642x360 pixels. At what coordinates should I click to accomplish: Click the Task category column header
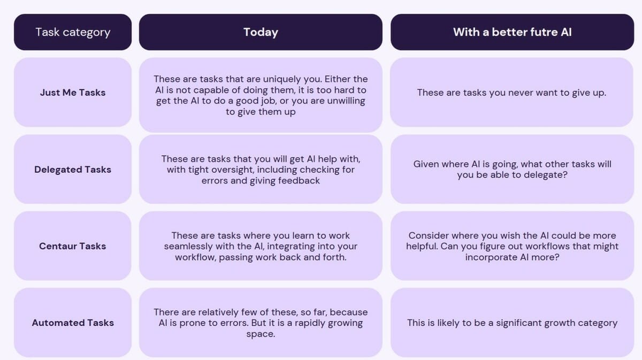(x=73, y=32)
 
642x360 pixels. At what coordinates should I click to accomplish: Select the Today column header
(x=261, y=32)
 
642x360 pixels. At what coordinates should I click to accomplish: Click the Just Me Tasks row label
(x=73, y=93)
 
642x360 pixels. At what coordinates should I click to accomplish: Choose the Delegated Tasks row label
(x=73, y=170)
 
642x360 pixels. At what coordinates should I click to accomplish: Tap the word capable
(x=211, y=90)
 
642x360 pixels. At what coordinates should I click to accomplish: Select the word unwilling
(x=346, y=101)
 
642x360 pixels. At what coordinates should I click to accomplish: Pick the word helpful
(x=422, y=246)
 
